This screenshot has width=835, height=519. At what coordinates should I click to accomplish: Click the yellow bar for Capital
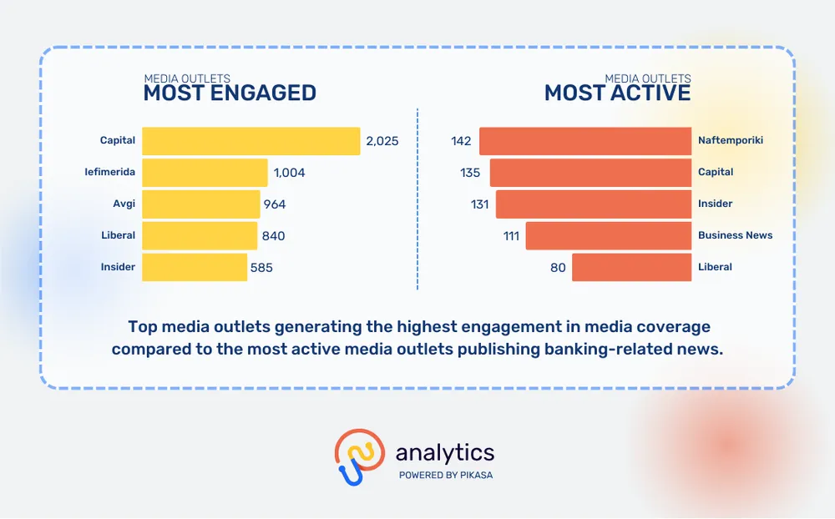pyautogui.click(x=250, y=141)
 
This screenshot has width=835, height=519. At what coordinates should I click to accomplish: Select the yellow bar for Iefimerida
pyautogui.click(x=205, y=173)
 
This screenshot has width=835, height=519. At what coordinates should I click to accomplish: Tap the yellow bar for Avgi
pyautogui.click(x=201, y=204)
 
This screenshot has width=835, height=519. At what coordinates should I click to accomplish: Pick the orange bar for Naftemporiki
pyautogui.click(x=585, y=141)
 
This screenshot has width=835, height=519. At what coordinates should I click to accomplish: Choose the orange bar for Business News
pyautogui.click(x=609, y=235)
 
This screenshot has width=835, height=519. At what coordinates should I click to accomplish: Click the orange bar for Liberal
pyautogui.click(x=632, y=267)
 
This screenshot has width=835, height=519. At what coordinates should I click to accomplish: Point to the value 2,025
pyautogui.click(x=382, y=141)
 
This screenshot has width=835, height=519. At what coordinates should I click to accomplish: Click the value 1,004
pyautogui.click(x=289, y=173)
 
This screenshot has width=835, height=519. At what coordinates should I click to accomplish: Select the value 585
pyautogui.click(x=261, y=268)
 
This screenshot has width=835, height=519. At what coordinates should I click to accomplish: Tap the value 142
pyautogui.click(x=461, y=141)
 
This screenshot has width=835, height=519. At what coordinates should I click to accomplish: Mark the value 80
pyautogui.click(x=557, y=268)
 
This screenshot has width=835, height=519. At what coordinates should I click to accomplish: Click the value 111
pyautogui.click(x=511, y=236)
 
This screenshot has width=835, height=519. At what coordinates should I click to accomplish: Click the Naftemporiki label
pyautogui.click(x=731, y=140)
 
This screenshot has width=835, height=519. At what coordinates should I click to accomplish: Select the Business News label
pyautogui.click(x=735, y=235)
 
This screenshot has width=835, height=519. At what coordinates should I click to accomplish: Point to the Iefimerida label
pyautogui.click(x=110, y=172)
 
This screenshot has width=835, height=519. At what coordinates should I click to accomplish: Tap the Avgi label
pyautogui.click(x=124, y=204)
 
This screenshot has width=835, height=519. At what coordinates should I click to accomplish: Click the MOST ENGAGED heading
pyautogui.click(x=230, y=93)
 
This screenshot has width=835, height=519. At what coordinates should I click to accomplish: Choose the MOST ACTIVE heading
pyautogui.click(x=618, y=93)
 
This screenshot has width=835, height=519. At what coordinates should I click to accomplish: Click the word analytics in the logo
pyautogui.click(x=445, y=453)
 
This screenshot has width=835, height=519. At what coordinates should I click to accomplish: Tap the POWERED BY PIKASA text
pyautogui.click(x=446, y=475)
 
